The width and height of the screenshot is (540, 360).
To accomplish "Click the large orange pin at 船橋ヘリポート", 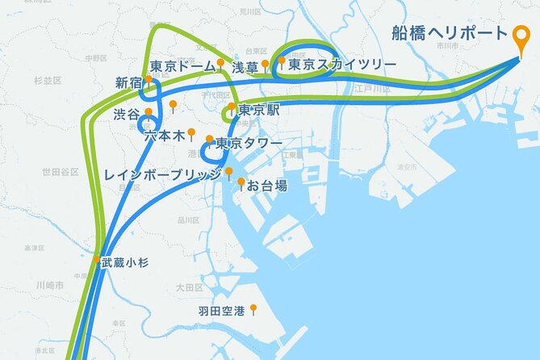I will pos(521,36).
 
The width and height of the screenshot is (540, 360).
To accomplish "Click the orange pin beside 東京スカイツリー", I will pos(282,61).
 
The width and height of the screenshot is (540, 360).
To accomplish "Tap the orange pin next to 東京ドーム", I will pos(220,61).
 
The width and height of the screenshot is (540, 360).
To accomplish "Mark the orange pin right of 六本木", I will pos(192,132).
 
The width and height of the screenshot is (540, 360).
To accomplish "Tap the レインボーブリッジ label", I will pos(162,174).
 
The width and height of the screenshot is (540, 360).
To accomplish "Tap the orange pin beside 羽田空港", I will pos(253,308).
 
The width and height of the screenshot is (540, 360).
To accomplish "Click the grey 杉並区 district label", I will pos(48,81).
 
